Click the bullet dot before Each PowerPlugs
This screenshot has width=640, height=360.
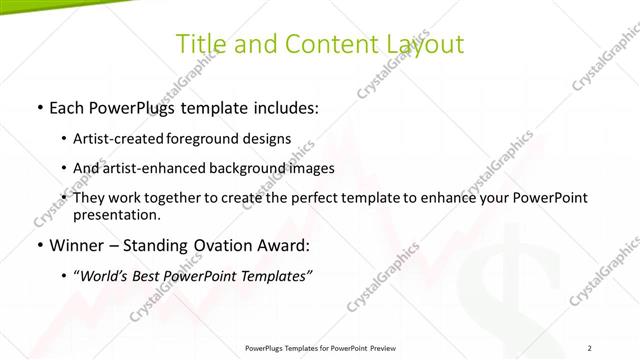(38, 106)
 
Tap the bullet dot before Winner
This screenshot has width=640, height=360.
(38, 245)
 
